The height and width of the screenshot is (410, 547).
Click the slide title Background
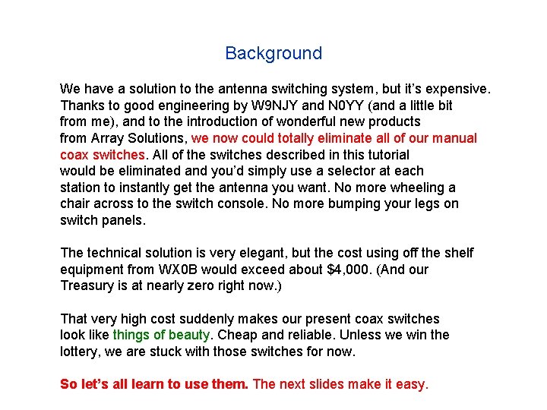click(x=273, y=53)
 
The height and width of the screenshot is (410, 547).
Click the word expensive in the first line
click(x=454, y=90)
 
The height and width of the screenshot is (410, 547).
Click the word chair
click(x=76, y=203)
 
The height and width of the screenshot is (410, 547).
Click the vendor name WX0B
click(x=176, y=270)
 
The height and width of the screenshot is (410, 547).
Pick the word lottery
click(x=81, y=351)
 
